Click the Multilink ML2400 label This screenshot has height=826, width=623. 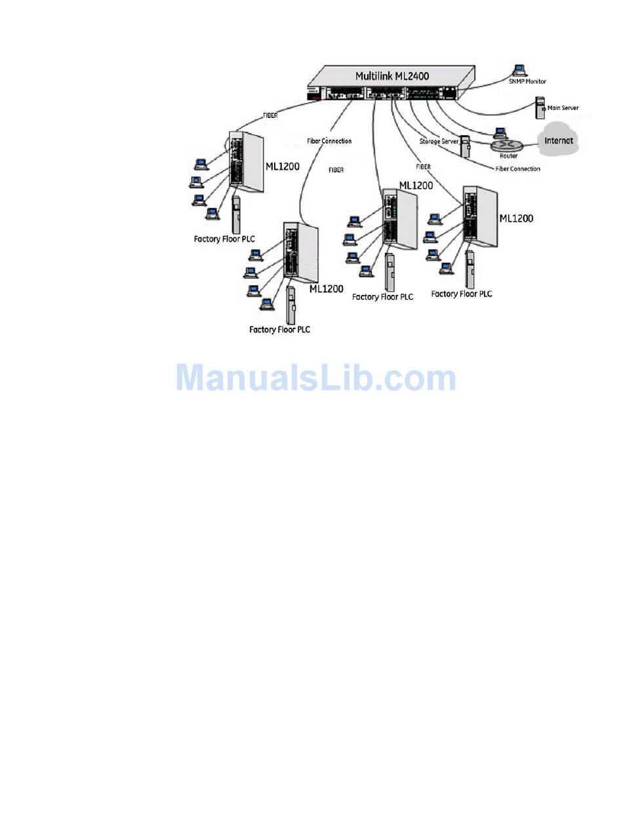tap(392, 76)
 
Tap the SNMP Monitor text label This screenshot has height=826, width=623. tap(528, 81)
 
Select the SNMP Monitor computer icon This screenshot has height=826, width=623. tap(521, 68)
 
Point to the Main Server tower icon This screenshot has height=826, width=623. tap(540, 108)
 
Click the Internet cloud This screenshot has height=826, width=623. tap(558, 140)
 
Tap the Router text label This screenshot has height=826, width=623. tap(508, 156)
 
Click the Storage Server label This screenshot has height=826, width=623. tap(439, 142)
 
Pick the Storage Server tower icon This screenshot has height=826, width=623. tap(465, 146)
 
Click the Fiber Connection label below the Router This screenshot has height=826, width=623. tap(517, 169)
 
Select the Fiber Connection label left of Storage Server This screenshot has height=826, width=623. tap(329, 141)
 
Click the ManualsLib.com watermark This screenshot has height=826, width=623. tap(315, 378)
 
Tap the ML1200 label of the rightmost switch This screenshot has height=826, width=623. tap(516, 218)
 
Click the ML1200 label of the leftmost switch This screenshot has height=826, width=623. tap(283, 166)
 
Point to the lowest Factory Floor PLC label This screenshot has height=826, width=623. tap(279, 330)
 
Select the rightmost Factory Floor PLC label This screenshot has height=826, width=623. tap(461, 294)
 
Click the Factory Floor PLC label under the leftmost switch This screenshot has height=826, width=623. tap(224, 239)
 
